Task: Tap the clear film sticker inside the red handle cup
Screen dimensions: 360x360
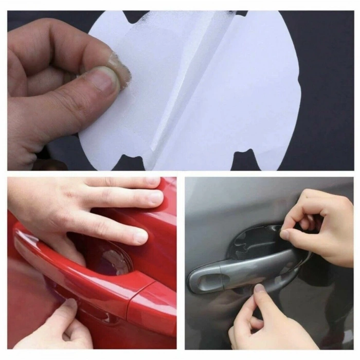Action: pos(111,257)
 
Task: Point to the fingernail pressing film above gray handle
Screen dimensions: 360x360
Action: pos(285,235)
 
